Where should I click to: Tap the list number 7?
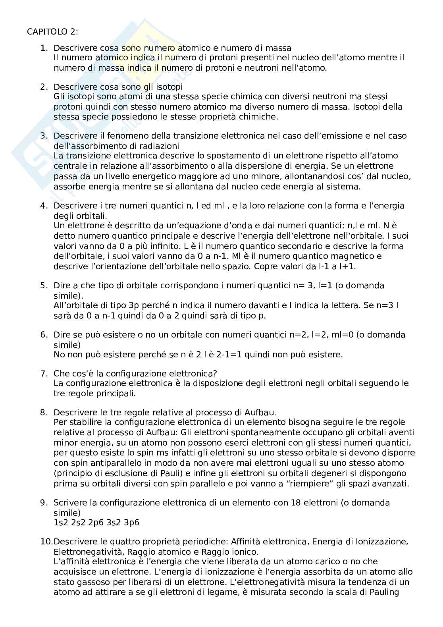(44, 373)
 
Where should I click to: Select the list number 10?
(46, 541)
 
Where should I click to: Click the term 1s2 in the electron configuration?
(61, 522)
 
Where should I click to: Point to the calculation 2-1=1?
(225, 354)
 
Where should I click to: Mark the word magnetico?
(351, 256)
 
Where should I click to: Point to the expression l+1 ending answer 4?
(348, 266)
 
